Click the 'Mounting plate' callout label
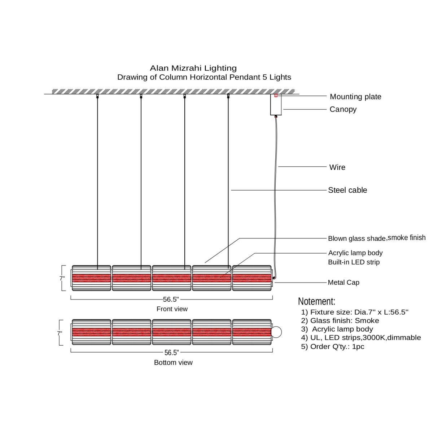click(355, 97)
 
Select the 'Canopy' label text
click(343, 109)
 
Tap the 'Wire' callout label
click(337, 167)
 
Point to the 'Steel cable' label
click(347, 190)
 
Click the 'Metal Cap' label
click(343, 283)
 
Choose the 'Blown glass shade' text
click(357, 239)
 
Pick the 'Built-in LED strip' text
click(354, 262)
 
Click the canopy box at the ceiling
click(276, 105)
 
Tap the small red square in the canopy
click(276, 96)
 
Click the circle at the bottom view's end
click(276, 332)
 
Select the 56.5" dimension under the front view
click(171, 299)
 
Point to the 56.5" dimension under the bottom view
click(171, 353)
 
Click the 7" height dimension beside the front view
click(62, 279)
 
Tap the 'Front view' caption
click(172, 309)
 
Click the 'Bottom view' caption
click(173, 363)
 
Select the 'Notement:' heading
click(316, 301)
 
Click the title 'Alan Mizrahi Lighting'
click(193, 68)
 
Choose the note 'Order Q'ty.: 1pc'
click(333, 346)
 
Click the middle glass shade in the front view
click(171, 278)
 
